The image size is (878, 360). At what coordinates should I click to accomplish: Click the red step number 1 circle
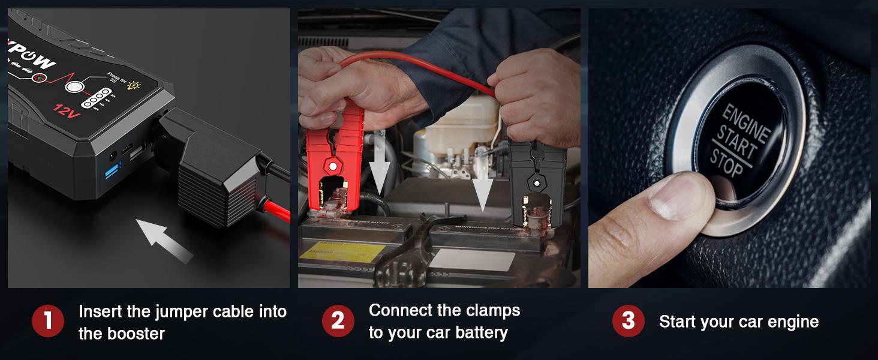[x=48, y=322]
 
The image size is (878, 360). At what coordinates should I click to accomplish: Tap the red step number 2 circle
[x=338, y=322]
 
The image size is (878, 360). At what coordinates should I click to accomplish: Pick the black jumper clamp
[x=536, y=180]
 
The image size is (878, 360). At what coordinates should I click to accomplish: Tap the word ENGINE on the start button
[x=745, y=124]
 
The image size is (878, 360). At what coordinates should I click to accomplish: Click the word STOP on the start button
[x=727, y=163]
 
